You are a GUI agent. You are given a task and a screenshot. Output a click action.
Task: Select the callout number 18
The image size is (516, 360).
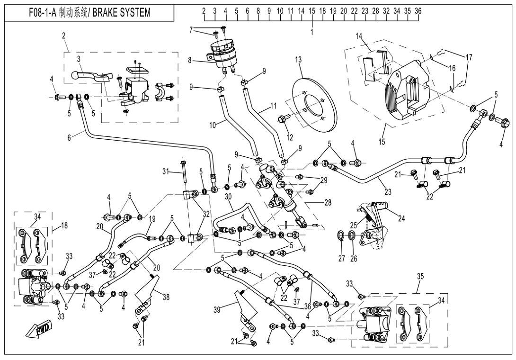pyautogui.click(x=64, y=226)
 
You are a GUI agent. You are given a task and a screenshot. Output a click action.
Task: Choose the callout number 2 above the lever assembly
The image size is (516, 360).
pyautogui.click(x=64, y=36)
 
